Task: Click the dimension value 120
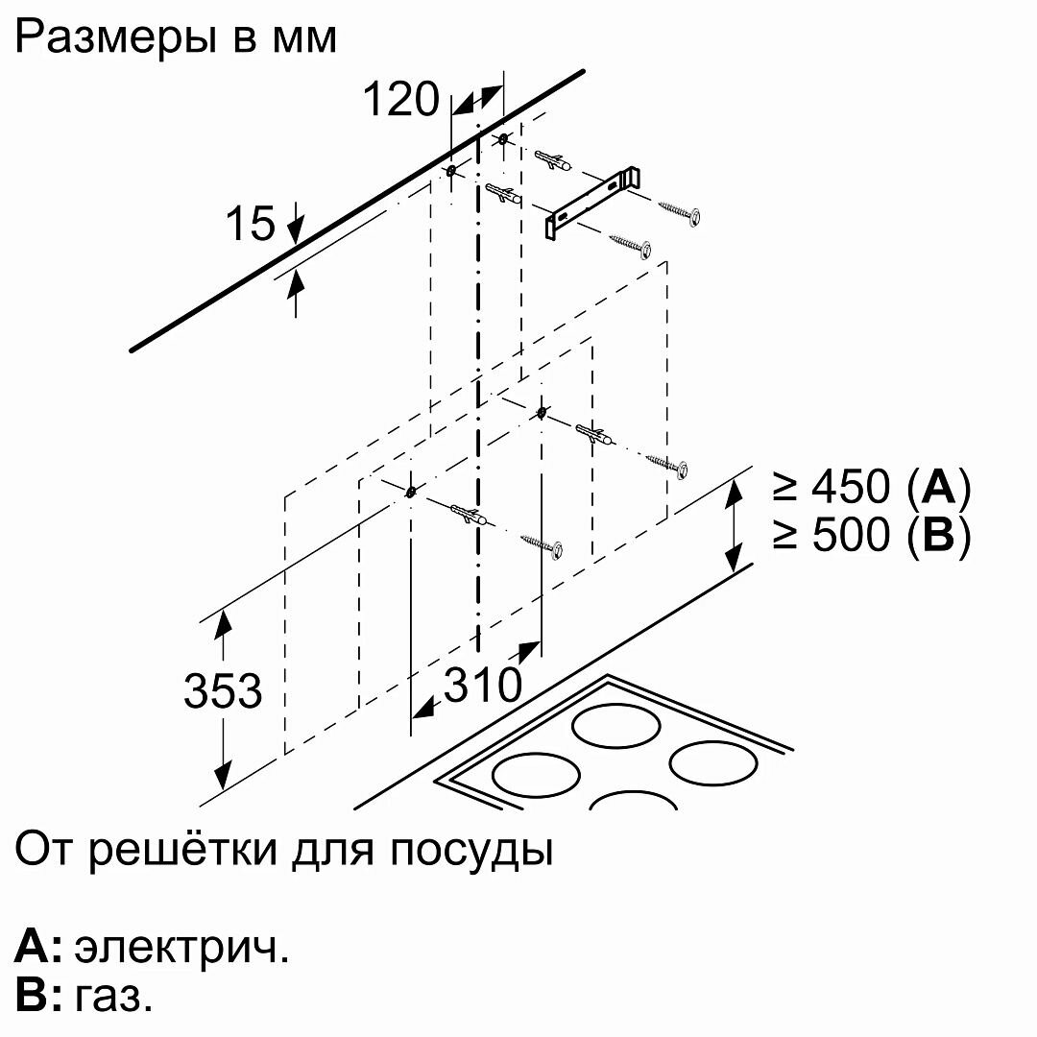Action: click(400, 99)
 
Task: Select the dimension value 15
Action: click(251, 223)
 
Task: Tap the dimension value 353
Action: click(223, 690)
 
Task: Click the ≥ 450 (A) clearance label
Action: click(871, 487)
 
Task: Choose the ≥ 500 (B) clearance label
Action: click(871, 535)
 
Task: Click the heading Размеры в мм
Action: click(176, 37)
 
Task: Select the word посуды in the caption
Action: click(470, 851)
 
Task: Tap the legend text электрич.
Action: click(181, 949)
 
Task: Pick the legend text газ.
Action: click(113, 998)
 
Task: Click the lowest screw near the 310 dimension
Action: click(543, 546)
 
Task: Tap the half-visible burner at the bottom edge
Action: click(633, 801)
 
